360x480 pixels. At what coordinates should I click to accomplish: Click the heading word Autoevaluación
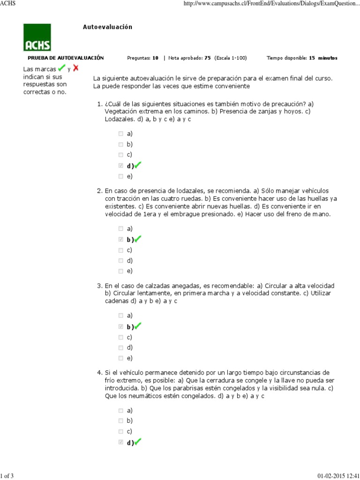pyautogui.click(x=107, y=27)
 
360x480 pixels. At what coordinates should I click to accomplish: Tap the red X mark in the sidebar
pyautogui.click(x=75, y=68)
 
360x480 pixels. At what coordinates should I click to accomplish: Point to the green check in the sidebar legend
pyautogui.click(x=61, y=68)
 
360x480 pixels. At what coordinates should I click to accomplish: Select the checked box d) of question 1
pyautogui.click(x=121, y=165)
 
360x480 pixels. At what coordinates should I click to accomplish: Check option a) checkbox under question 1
pyautogui.click(x=121, y=134)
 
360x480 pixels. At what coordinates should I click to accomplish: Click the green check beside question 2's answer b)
pyautogui.click(x=138, y=239)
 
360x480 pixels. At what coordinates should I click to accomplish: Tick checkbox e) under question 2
pyautogui.click(x=121, y=271)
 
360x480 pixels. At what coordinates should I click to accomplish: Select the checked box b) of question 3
pyautogui.click(x=121, y=326)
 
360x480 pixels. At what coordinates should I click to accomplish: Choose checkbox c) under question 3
pyautogui.click(x=121, y=337)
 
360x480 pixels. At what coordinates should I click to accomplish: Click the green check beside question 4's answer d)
pyautogui.click(x=138, y=442)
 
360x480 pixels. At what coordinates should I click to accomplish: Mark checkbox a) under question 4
pyautogui.click(x=121, y=410)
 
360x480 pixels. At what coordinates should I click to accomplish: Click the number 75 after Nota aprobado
pyautogui.click(x=208, y=58)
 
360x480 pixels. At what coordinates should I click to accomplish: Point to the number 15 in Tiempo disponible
pyautogui.click(x=312, y=58)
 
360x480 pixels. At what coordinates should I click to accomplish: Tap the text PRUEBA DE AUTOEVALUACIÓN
pyautogui.click(x=66, y=58)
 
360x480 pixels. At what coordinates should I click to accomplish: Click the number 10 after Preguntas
pyautogui.click(x=155, y=58)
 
